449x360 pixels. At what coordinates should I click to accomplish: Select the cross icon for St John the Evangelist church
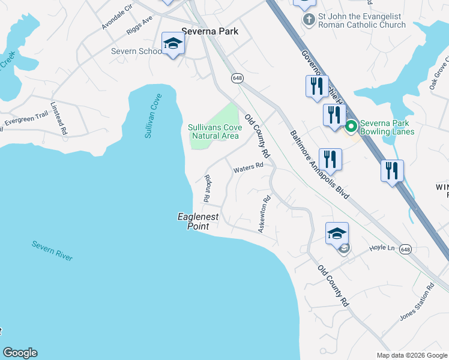pyautogui.click(x=309, y=20)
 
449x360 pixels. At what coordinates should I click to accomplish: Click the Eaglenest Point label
pyautogui.click(x=198, y=221)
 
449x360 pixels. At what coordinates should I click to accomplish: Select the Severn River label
pyautogui.click(x=52, y=251)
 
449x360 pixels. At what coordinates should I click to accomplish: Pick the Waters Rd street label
pyautogui.click(x=249, y=167)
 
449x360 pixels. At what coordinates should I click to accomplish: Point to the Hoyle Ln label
pyautogui.click(x=382, y=247)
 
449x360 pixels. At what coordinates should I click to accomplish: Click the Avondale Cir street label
pyautogui.click(x=116, y=17)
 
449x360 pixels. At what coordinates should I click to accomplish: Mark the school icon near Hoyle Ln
pyautogui.click(x=337, y=234)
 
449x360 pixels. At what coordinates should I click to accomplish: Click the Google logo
pyautogui.click(x=20, y=353)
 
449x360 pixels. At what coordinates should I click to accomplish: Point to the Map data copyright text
pyautogui.click(x=411, y=355)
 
